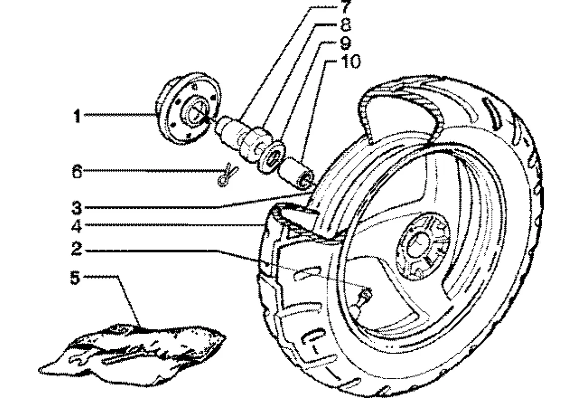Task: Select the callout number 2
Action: [76, 249]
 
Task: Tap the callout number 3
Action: [76, 206]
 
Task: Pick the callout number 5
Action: [75, 278]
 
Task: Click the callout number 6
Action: [76, 172]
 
